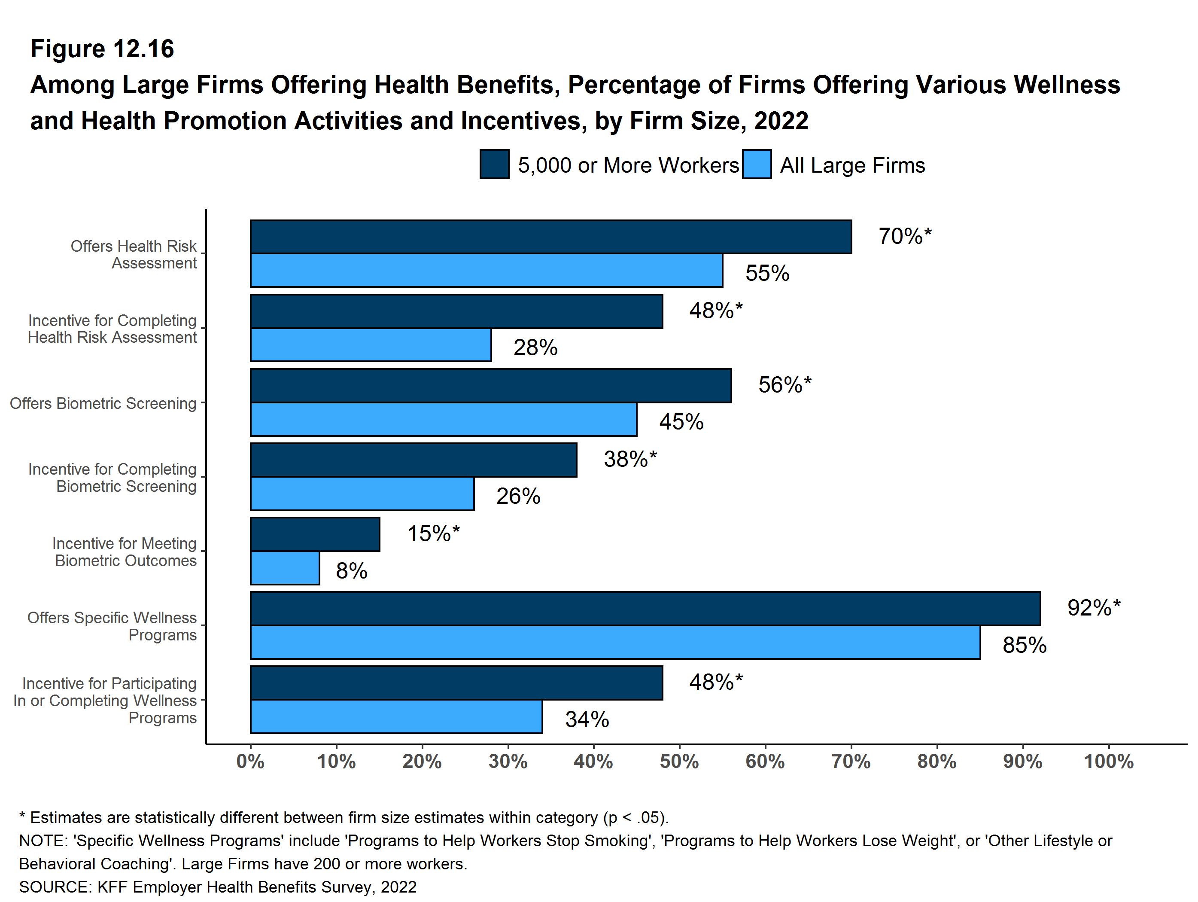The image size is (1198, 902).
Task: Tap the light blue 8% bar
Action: (x=285, y=568)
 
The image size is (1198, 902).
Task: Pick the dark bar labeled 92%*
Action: (x=645, y=608)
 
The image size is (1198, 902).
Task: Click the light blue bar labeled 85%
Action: (x=615, y=643)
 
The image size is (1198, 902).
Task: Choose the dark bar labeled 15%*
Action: (x=315, y=534)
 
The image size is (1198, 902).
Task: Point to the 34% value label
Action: (x=587, y=719)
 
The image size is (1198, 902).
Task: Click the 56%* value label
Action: (x=784, y=385)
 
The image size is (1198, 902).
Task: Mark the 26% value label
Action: (x=518, y=496)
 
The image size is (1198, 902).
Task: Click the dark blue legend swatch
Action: (x=494, y=164)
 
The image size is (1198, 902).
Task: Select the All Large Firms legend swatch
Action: (x=757, y=164)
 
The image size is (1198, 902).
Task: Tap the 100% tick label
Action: (x=1108, y=762)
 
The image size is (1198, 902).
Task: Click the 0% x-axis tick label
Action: (x=250, y=762)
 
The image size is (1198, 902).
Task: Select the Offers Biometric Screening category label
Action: (x=103, y=404)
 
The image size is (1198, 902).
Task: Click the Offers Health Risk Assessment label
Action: (x=134, y=255)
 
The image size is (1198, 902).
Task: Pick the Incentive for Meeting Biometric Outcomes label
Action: (x=125, y=552)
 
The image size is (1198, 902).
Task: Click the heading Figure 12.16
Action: (x=102, y=49)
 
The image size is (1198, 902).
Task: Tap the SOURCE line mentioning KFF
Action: (x=218, y=887)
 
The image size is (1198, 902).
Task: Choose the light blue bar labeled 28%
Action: (x=371, y=345)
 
